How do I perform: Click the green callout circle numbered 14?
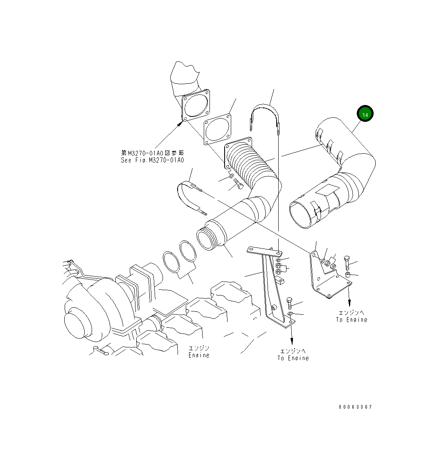(x=365, y=114)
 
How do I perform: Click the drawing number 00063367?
(x=355, y=407)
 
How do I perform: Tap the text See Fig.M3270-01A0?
(x=152, y=160)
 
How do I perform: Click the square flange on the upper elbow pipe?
(x=196, y=106)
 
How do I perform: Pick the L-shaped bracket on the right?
(x=325, y=278)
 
